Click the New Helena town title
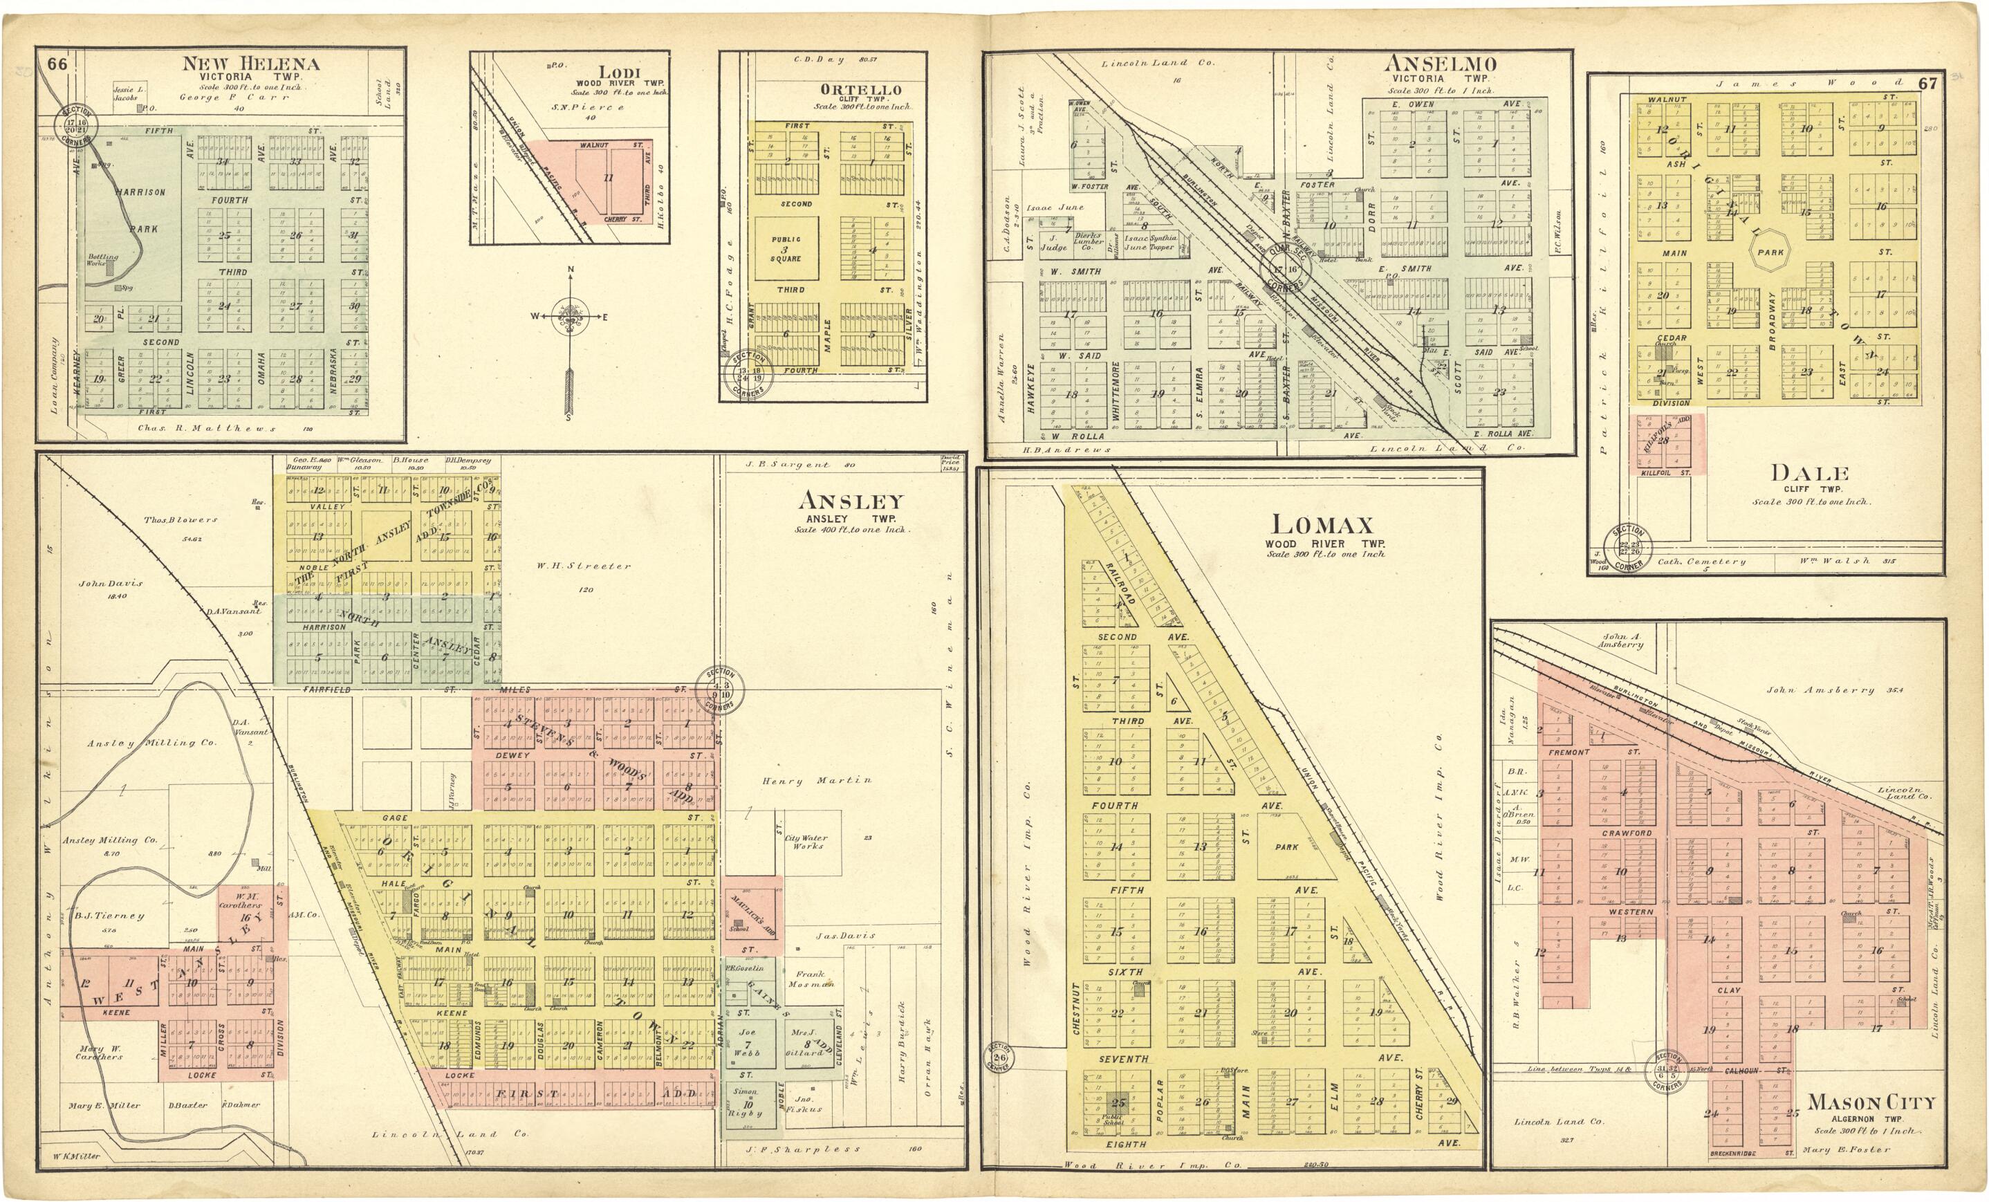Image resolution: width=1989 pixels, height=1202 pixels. point(250,64)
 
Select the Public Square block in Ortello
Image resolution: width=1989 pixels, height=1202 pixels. point(786,249)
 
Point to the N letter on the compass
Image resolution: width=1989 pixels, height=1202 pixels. point(571,270)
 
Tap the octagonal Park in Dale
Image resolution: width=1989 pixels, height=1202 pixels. point(1770,252)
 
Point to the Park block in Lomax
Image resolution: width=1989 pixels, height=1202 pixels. point(1287,847)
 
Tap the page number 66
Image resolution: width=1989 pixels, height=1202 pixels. point(57,64)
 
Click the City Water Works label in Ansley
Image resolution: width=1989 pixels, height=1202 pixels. point(806,842)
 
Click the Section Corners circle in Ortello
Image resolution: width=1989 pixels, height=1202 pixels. point(748,373)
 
